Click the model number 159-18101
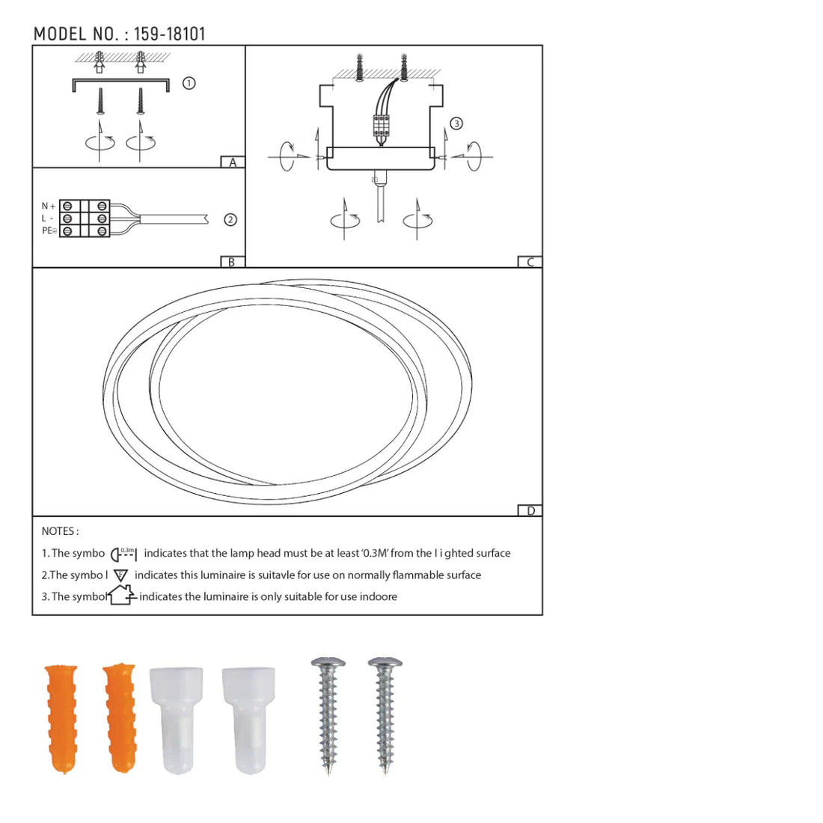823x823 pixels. click(x=170, y=34)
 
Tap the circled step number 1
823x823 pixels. click(x=189, y=83)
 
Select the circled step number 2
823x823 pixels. click(x=230, y=219)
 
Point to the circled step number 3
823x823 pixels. click(x=456, y=123)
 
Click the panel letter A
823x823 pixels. click(x=233, y=162)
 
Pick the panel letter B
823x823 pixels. click(x=231, y=262)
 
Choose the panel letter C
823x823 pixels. click(x=530, y=262)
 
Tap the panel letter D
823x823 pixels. click(x=530, y=511)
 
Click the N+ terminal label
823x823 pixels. click(x=49, y=206)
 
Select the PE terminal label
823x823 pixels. click(x=49, y=230)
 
